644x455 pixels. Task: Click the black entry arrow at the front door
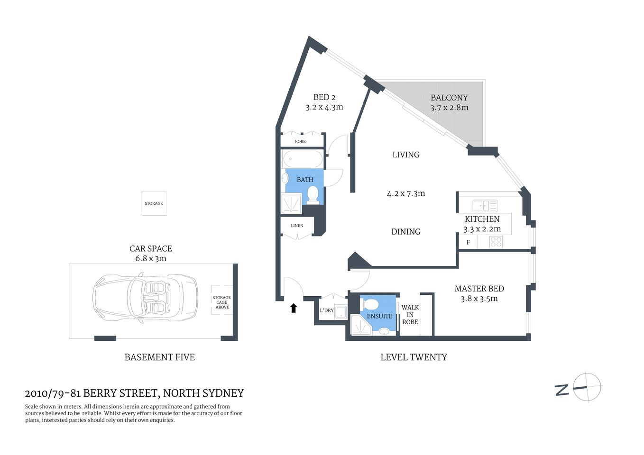pos(294,308)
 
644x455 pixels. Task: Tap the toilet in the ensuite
pos(370,304)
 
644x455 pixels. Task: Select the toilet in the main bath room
pos(313,194)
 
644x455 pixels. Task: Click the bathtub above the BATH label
pos(303,159)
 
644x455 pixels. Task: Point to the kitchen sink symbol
pos(485,206)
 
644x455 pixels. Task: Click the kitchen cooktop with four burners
pos(496,242)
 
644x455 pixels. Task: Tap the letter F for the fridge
pos(468,243)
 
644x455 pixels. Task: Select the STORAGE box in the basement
pos(154,203)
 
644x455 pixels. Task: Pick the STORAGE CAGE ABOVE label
pos(221,302)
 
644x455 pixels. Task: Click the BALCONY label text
pos(449,98)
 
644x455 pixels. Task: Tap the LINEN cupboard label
pos(297,226)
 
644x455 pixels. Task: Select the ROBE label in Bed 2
pos(300,142)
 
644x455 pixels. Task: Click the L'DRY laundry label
pos(326,310)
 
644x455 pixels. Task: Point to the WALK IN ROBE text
pos(410,315)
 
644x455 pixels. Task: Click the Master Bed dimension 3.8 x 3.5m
pos(479,299)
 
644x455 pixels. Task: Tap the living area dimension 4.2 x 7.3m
pos(406,194)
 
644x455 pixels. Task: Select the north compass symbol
pos(586,387)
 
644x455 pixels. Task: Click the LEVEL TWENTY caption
pos(414,357)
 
